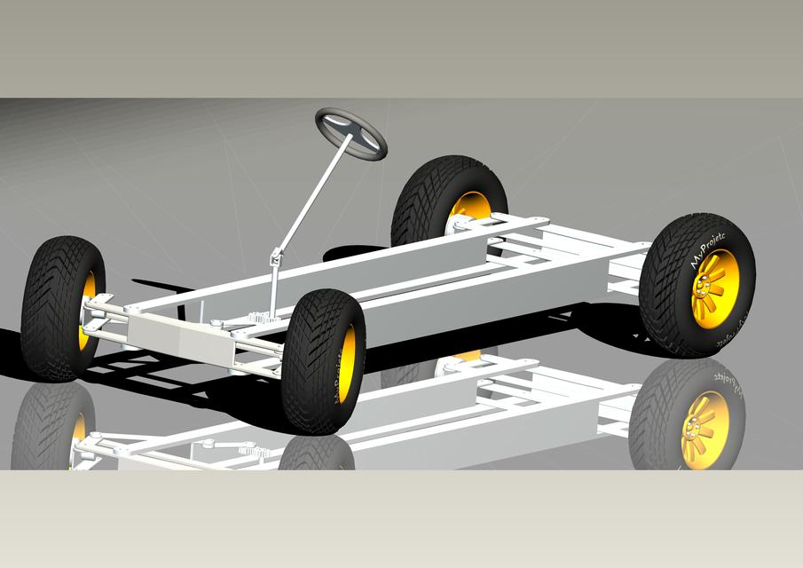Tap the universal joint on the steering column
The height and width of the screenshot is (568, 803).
point(277,257)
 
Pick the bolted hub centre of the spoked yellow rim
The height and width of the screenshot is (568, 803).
point(705,286)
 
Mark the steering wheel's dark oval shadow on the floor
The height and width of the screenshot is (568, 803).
point(355,253)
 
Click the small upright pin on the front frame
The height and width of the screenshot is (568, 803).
point(201,308)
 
